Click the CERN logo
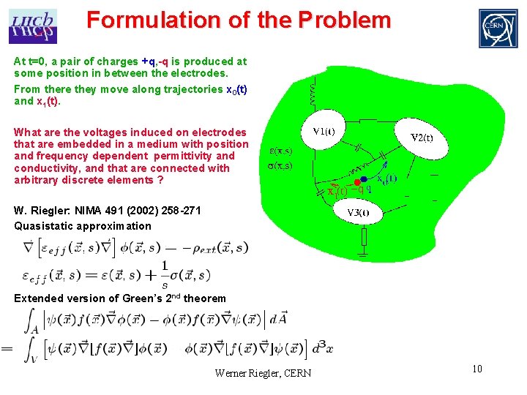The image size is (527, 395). click(497, 28)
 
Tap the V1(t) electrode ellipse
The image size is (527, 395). click(324, 132)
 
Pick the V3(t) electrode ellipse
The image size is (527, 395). click(358, 213)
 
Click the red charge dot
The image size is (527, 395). click(356, 181)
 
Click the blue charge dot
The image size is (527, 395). click(363, 179)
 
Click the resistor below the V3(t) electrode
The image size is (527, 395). click(364, 236)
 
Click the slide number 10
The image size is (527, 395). click(476, 369)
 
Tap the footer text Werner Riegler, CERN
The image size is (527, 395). click(263, 373)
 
